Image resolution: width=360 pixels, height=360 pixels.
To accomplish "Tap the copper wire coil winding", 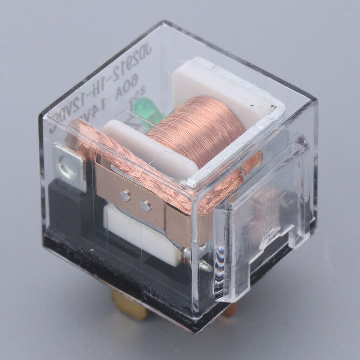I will pyautogui.click(x=198, y=130).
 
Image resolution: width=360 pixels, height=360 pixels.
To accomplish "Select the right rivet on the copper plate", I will pyautogui.click(x=146, y=207).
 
